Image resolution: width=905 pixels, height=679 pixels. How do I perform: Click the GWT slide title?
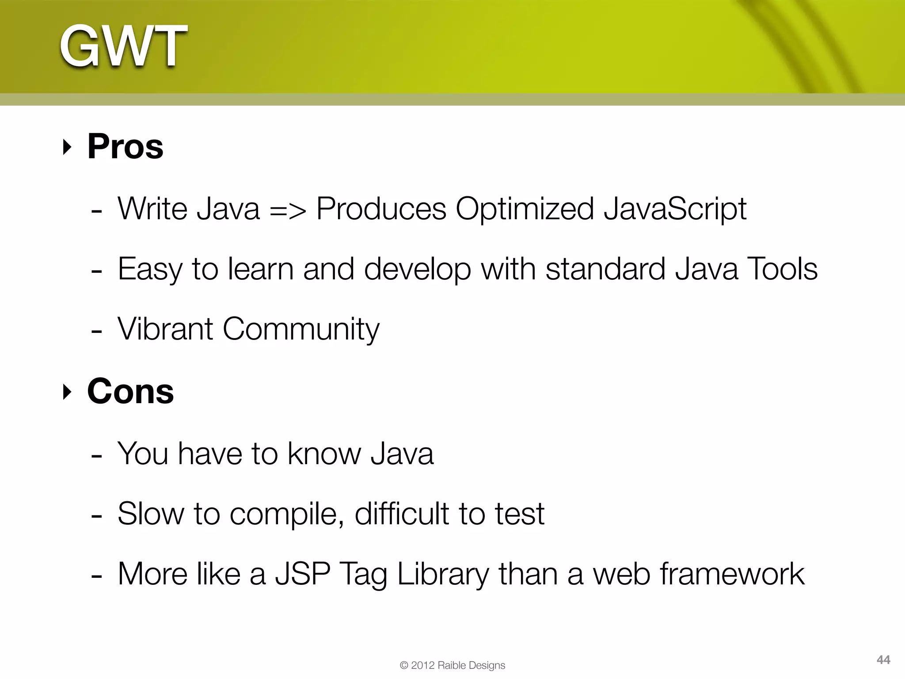pos(124,46)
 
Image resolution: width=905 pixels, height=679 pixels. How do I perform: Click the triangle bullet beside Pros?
pos(67,147)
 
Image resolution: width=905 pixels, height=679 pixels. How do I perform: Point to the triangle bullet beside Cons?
pos(67,392)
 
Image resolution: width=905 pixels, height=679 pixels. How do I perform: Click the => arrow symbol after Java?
pos(288,210)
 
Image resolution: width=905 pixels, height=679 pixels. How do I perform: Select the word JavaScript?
pos(675,209)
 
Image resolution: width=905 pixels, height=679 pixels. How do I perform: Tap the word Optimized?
pos(525,210)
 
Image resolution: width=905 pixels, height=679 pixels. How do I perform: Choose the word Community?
pos(301,330)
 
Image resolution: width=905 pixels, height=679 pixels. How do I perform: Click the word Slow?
pos(151,514)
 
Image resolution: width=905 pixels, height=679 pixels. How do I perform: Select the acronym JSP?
pos(303,574)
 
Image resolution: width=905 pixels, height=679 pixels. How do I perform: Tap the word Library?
pos(443,575)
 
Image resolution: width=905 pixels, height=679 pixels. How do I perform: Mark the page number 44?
pos(883,660)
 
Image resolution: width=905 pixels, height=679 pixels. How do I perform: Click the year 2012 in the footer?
pos(423,665)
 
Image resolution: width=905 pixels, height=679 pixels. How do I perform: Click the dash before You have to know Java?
pos(96,455)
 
